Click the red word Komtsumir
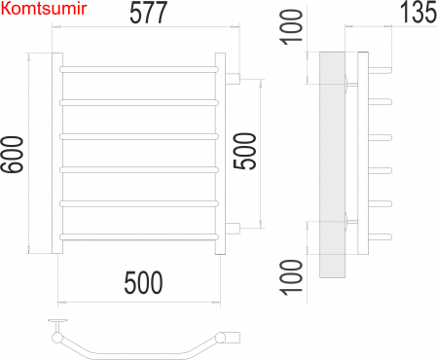tap(44, 9)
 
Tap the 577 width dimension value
tap(148, 13)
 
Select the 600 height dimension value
tap(13, 155)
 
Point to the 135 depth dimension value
tap(419, 13)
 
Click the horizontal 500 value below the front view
tap(143, 283)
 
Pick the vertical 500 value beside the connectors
tap(244, 151)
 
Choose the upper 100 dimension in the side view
tap(291, 27)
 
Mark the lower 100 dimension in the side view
tap(291, 277)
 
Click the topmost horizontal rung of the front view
tap(139, 69)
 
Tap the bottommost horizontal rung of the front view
tap(139, 237)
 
